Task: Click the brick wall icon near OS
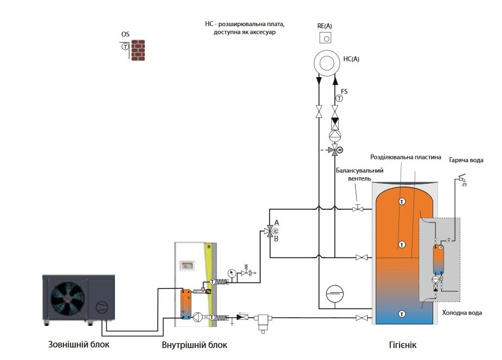click(138, 50)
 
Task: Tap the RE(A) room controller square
click(325, 37)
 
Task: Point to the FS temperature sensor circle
click(339, 98)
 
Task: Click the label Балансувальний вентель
click(359, 175)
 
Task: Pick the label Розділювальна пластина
click(406, 157)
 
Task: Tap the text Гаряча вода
click(466, 160)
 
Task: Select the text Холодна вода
click(462, 313)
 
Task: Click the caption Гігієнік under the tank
click(403, 345)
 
